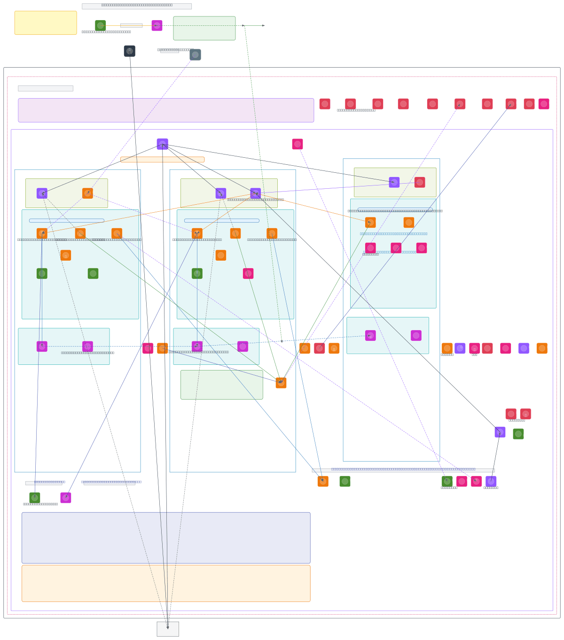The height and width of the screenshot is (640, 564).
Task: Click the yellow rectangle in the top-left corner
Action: (x=46, y=23)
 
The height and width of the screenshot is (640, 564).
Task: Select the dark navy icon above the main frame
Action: (x=130, y=51)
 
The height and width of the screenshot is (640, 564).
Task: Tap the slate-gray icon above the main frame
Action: (x=195, y=55)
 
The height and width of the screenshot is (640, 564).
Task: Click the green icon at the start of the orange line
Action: (x=100, y=25)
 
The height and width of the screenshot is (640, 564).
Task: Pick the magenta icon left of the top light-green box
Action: (x=157, y=25)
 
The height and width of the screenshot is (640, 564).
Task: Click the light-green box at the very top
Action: (x=204, y=28)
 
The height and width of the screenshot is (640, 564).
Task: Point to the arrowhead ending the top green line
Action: (x=263, y=25)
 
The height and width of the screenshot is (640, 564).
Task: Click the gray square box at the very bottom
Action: (x=168, y=629)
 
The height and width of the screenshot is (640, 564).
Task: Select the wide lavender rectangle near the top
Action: (x=166, y=110)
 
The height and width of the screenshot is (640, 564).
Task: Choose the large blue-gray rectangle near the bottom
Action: (x=166, y=538)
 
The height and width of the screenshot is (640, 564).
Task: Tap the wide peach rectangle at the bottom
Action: (x=166, y=583)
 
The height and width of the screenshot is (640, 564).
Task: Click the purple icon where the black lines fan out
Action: (x=162, y=144)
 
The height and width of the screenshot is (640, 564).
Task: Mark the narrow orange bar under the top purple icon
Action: (x=162, y=160)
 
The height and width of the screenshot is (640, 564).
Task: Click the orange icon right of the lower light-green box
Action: (x=281, y=383)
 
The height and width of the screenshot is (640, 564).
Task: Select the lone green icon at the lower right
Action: (x=518, y=434)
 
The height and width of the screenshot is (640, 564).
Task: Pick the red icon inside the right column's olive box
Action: (x=420, y=182)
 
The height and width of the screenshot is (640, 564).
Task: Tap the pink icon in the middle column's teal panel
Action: (x=248, y=273)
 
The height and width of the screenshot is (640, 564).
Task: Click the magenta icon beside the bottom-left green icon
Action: (x=66, y=498)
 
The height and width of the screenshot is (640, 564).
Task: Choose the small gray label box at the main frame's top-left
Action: (x=46, y=88)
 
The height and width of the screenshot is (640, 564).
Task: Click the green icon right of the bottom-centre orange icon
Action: (x=345, y=481)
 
